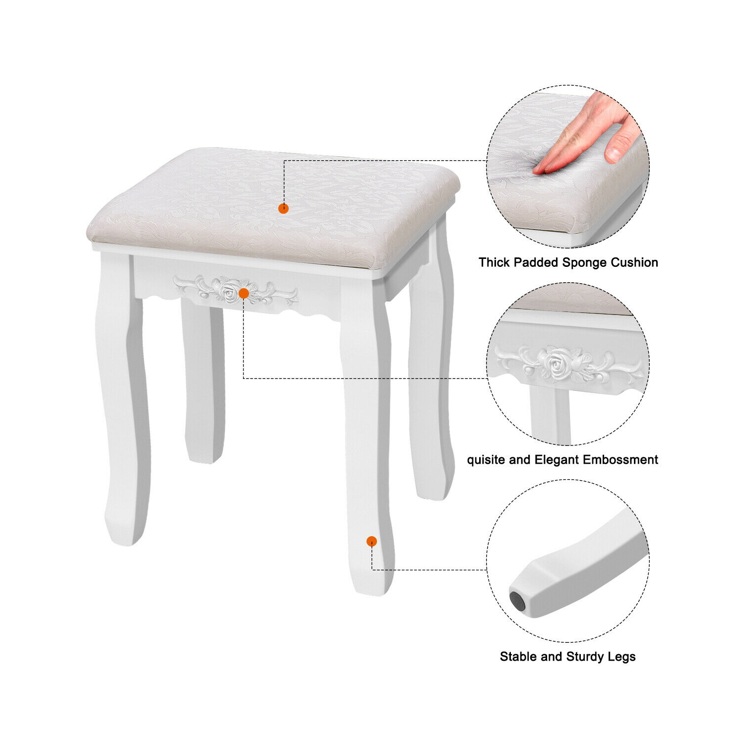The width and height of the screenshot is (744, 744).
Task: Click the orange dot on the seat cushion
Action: [x=283, y=208]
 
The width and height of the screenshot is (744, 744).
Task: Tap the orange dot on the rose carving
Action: [x=244, y=294]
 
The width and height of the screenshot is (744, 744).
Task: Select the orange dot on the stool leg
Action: [x=372, y=541]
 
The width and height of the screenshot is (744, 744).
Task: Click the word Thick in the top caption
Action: [x=494, y=262]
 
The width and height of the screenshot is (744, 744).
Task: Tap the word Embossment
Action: [x=620, y=460]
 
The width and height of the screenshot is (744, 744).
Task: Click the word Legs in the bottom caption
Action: [x=621, y=657]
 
